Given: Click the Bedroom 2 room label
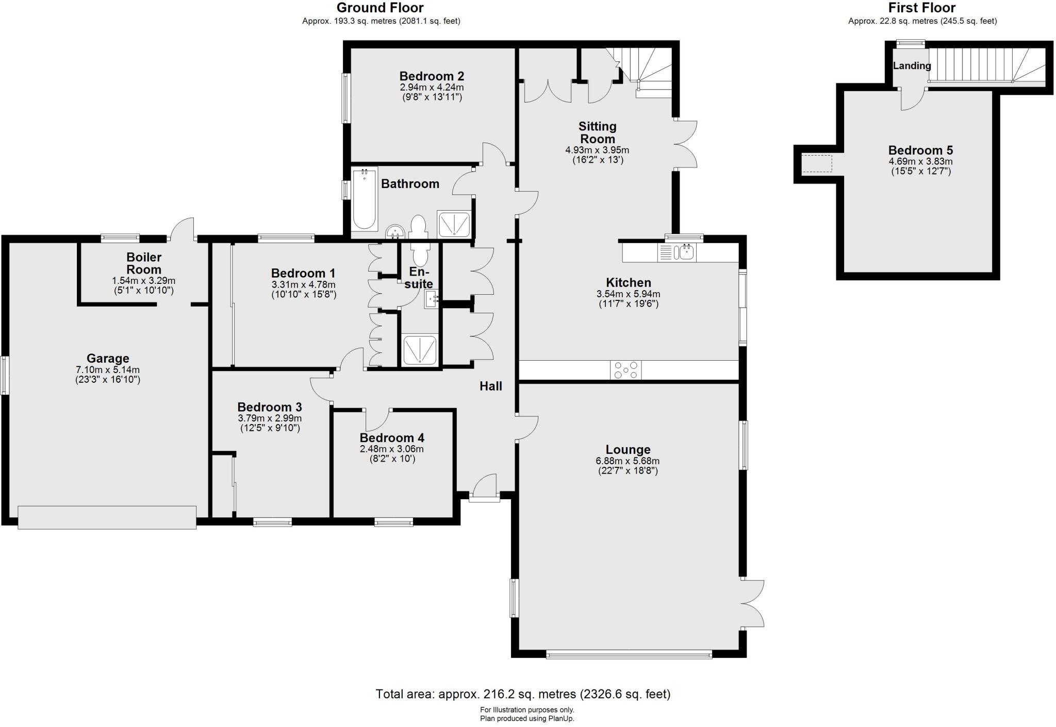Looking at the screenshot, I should pyautogui.click(x=432, y=76).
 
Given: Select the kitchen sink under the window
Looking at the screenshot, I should pyautogui.click(x=677, y=252).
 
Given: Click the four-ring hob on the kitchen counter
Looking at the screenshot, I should pyautogui.click(x=626, y=370).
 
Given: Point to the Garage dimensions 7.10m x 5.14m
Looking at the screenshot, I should pyautogui.click(x=107, y=370).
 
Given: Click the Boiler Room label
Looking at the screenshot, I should pyautogui.click(x=144, y=263).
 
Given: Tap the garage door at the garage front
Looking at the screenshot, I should pyautogui.click(x=107, y=517).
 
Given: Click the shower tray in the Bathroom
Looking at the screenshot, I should pyautogui.click(x=454, y=223).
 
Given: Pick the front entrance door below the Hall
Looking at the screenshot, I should pyautogui.click(x=484, y=489).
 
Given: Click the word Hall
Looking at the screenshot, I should pyautogui.click(x=490, y=386).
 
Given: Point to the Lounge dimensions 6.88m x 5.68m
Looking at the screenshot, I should pyautogui.click(x=628, y=461).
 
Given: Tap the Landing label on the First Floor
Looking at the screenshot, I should pyautogui.click(x=912, y=66).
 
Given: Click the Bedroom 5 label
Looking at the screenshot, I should pyautogui.click(x=920, y=150).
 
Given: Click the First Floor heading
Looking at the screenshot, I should pyautogui.click(x=922, y=8).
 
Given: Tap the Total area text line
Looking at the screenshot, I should pyautogui.click(x=523, y=694).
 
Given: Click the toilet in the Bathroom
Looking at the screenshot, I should pyautogui.click(x=418, y=226).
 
